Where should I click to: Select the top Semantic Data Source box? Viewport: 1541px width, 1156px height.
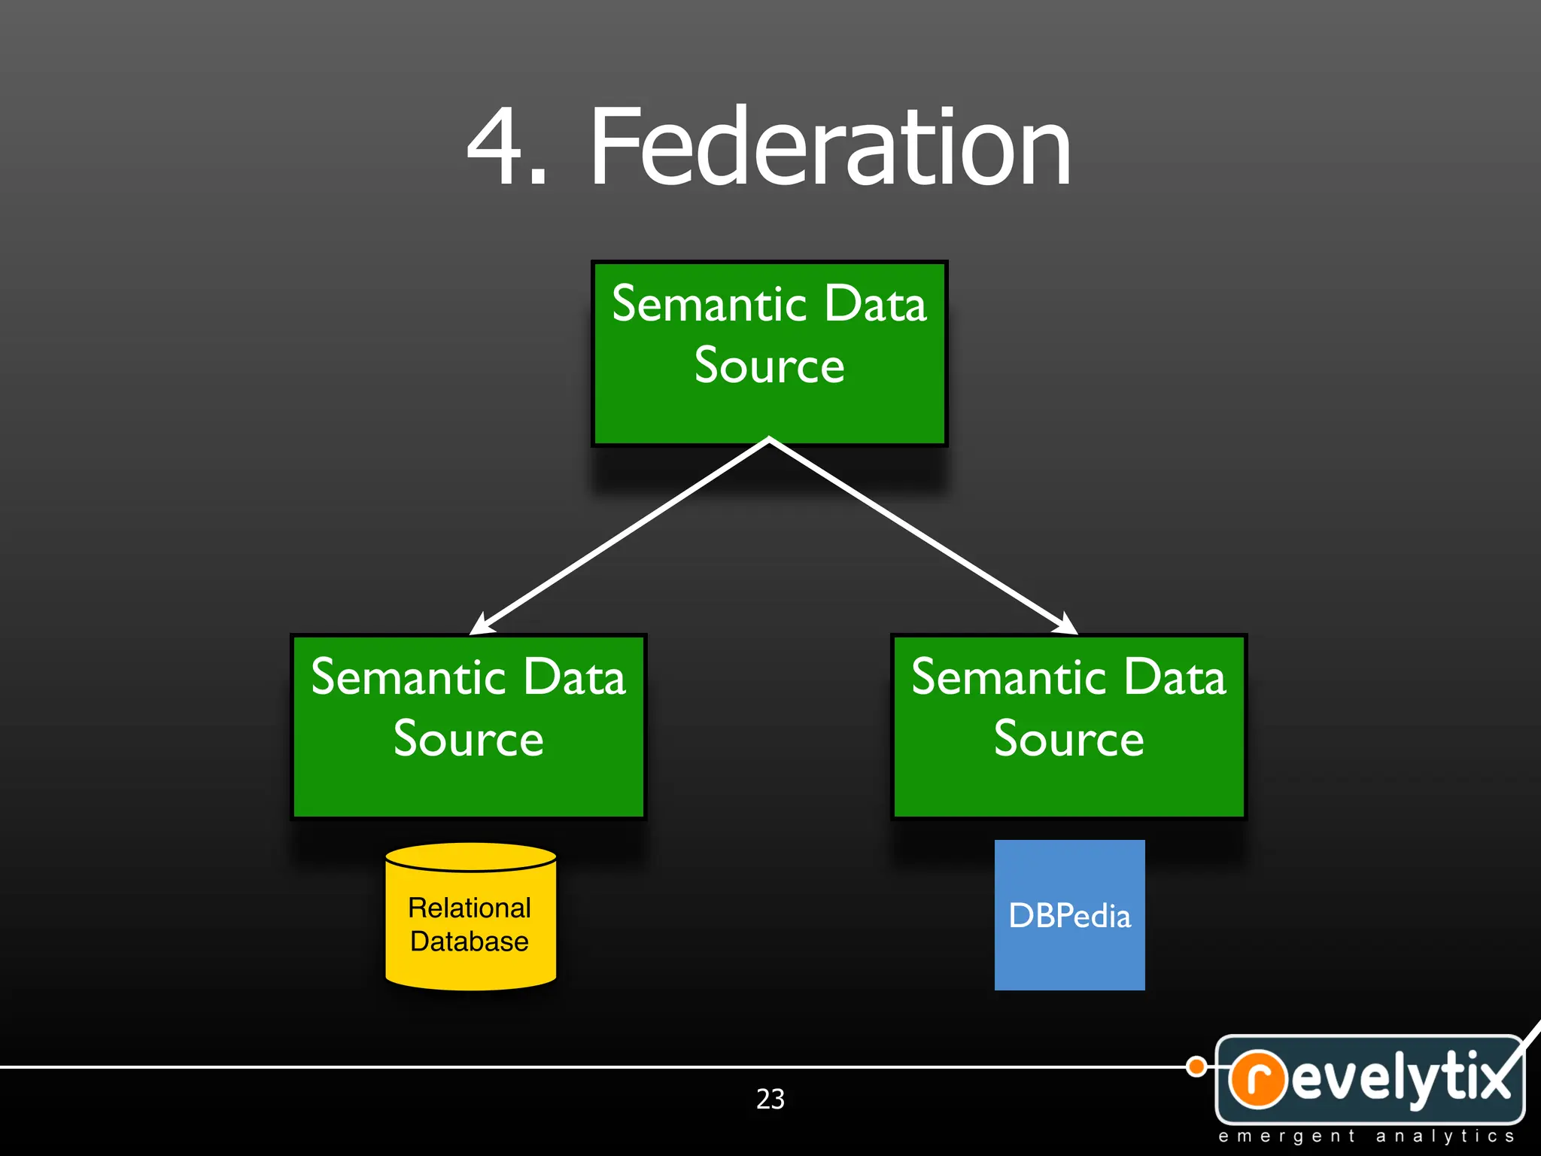769,354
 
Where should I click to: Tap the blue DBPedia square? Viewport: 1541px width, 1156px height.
1069,915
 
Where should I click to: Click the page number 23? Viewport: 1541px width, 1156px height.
770,1099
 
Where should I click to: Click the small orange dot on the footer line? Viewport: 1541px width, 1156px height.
1196,1066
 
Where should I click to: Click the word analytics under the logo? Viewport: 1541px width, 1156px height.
1445,1136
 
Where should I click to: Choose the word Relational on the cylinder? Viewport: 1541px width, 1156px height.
470,908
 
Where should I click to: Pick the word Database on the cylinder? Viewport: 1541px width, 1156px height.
470,942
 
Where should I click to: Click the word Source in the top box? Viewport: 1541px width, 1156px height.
769,366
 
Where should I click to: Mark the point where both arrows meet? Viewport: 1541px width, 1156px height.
769,440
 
